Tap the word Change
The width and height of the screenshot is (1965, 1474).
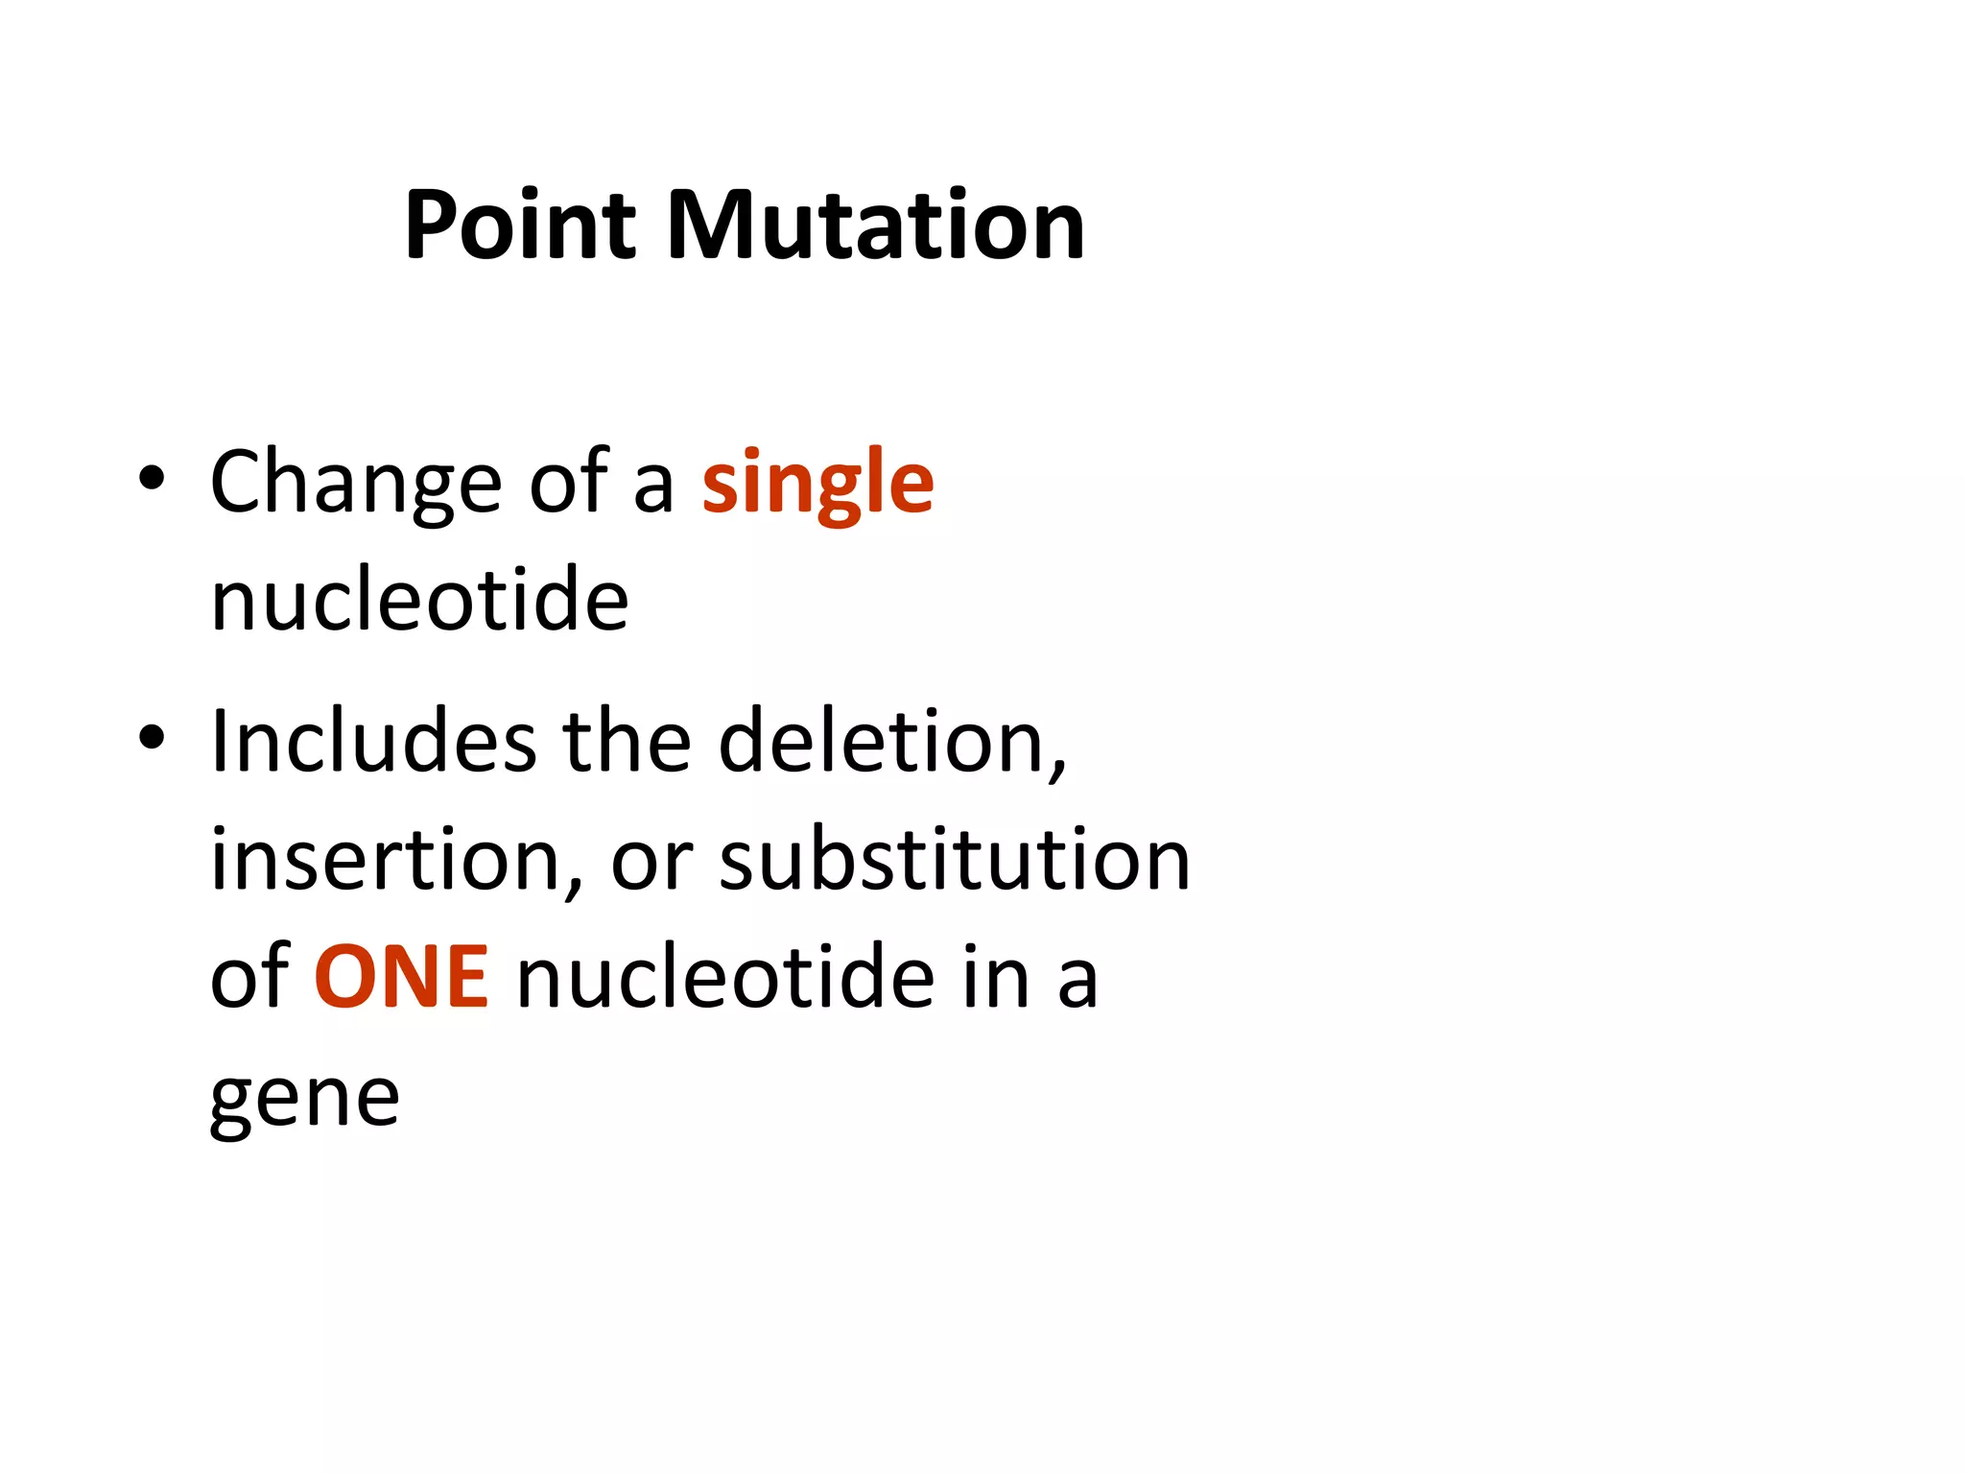pyautogui.click(x=356, y=483)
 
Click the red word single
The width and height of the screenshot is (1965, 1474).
pyautogui.click(x=817, y=483)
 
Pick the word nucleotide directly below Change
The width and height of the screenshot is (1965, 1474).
pyautogui.click(x=419, y=600)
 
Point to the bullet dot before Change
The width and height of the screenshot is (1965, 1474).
pyautogui.click(x=152, y=477)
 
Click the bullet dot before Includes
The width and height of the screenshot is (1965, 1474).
pyautogui.click(x=152, y=737)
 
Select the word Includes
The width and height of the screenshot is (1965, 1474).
pyautogui.click(x=373, y=741)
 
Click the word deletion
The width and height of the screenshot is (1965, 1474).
pyautogui.click(x=892, y=741)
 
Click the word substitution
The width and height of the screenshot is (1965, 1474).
pyautogui.click(x=955, y=860)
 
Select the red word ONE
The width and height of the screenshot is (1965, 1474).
pyautogui.click(x=402, y=977)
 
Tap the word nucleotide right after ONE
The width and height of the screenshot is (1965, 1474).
pyautogui.click(x=725, y=977)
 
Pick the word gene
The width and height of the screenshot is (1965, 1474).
pyautogui.click(x=304, y=1099)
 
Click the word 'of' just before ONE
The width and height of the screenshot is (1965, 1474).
pyautogui.click(x=249, y=977)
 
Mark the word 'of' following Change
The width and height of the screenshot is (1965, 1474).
pyautogui.click(x=569, y=483)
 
